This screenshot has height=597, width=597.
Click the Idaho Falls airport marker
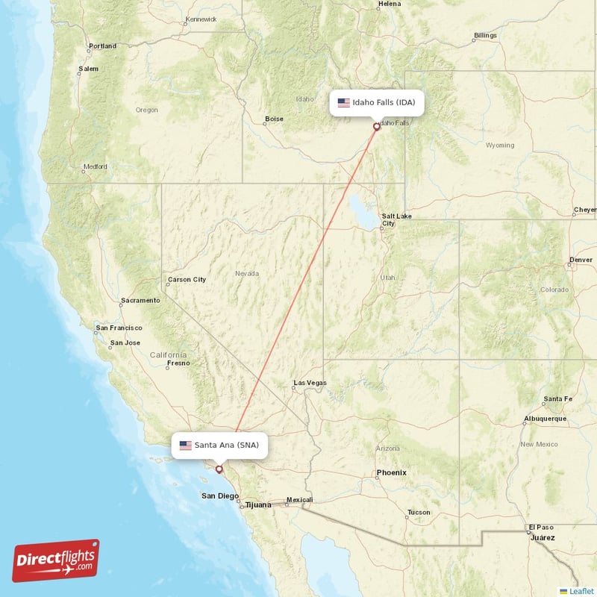pyautogui.click(x=377, y=127)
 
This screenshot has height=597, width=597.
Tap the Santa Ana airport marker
pyautogui.click(x=219, y=469)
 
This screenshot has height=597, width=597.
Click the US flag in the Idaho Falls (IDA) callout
pyautogui.click(x=344, y=103)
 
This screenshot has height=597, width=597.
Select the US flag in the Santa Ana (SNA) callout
pyautogui.click(x=186, y=446)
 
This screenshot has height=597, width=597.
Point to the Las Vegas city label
pyautogui.click(x=310, y=383)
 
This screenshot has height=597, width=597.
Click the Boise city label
pyautogui.click(x=274, y=119)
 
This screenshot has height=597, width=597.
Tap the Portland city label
pyautogui.click(x=102, y=46)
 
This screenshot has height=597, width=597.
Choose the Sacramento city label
pyautogui.click(x=140, y=301)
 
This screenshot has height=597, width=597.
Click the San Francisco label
pyautogui.click(x=119, y=328)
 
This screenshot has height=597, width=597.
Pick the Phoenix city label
pyautogui.click(x=391, y=472)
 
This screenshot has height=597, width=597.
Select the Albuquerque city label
pyautogui.click(x=546, y=419)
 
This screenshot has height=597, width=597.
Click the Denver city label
pyautogui.click(x=581, y=260)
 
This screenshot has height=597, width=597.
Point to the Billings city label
pyautogui.click(x=485, y=36)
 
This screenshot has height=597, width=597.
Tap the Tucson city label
pyautogui.click(x=418, y=513)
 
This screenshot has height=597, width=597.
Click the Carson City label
pyautogui.click(x=187, y=280)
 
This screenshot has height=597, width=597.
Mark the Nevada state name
pyautogui.click(x=247, y=274)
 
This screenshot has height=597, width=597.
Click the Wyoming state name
pyautogui.click(x=499, y=145)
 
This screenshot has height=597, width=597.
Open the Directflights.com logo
pyautogui.click(x=56, y=560)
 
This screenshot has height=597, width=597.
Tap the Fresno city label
pyautogui.click(x=178, y=363)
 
